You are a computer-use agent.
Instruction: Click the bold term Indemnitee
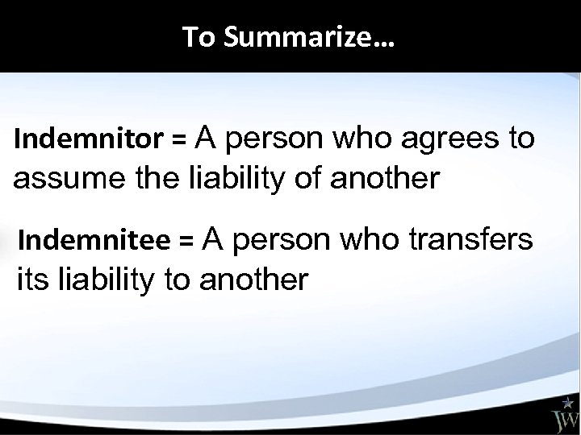pyautogui.click(x=94, y=239)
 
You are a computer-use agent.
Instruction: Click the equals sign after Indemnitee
pyautogui.click(x=186, y=240)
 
